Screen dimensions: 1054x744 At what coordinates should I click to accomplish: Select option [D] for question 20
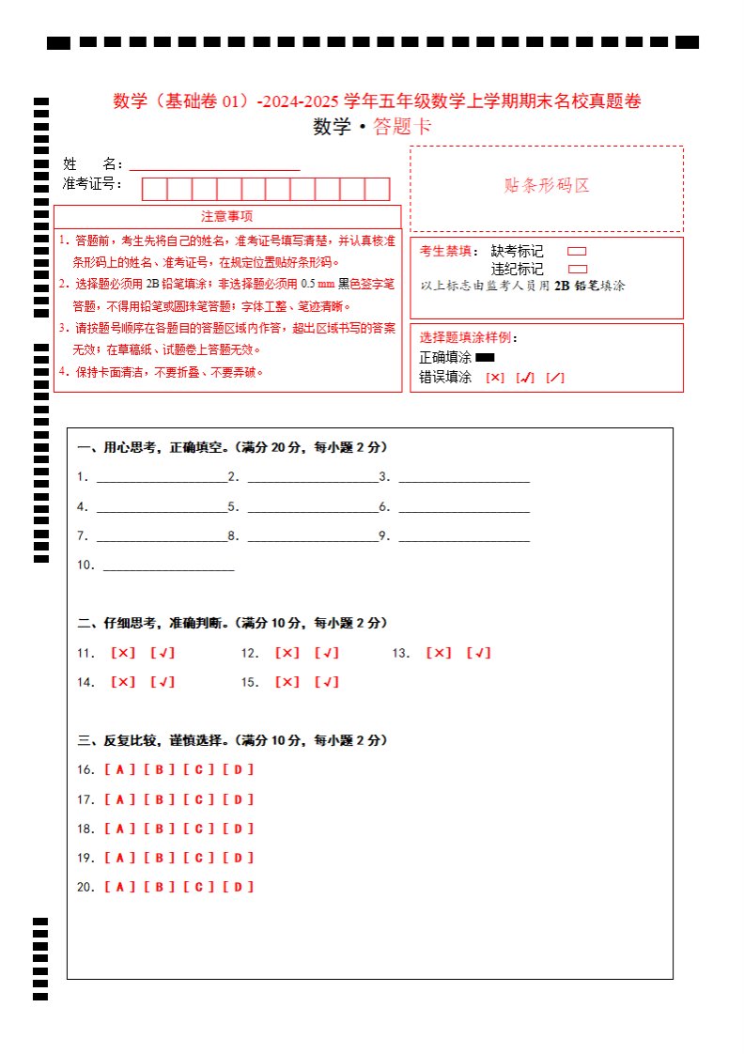point(239,887)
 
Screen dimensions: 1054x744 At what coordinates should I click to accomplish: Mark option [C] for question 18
point(199,829)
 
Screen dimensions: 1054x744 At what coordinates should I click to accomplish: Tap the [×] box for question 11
point(123,653)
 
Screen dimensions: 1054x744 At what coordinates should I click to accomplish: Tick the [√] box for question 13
point(478,653)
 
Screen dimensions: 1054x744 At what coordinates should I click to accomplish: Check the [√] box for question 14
point(163,682)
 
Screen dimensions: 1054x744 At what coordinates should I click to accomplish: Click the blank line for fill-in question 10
point(168,567)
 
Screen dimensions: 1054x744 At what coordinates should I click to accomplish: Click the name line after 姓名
point(214,166)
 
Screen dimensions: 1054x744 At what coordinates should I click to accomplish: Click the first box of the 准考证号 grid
point(154,189)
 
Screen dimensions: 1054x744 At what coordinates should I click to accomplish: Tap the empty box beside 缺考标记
point(578,252)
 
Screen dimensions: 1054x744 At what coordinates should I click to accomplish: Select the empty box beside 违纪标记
point(578,269)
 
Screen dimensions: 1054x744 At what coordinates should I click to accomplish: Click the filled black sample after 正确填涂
point(485,357)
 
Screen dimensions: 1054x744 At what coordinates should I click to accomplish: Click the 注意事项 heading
point(226,217)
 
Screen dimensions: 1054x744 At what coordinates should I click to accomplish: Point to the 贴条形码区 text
point(547,186)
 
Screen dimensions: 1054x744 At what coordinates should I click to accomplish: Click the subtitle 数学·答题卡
point(372,128)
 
